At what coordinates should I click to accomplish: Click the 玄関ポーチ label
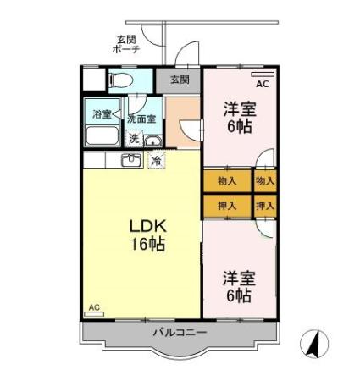click(126, 44)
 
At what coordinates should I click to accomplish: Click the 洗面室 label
click(141, 119)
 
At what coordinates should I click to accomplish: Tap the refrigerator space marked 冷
click(156, 159)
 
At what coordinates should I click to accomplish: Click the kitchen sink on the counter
click(131, 160)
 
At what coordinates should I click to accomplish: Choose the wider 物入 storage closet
click(227, 180)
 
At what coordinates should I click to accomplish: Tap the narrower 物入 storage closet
click(265, 180)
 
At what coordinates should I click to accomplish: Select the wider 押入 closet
click(227, 205)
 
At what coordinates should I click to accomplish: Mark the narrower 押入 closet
click(265, 205)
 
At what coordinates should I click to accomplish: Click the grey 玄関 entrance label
click(179, 80)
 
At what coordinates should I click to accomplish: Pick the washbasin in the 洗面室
click(151, 141)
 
